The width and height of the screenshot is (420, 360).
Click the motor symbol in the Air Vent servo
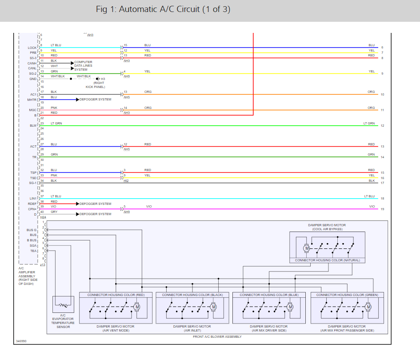click(x=137, y=307)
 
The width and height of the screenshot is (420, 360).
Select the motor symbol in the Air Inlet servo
click(x=213, y=307)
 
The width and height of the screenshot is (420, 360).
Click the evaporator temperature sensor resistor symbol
click(x=63, y=305)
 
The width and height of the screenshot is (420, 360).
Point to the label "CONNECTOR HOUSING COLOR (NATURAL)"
click(x=328, y=260)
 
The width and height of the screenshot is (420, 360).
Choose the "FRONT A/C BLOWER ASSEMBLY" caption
click(x=217, y=336)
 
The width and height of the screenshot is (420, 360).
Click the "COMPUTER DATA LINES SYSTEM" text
click(x=84, y=66)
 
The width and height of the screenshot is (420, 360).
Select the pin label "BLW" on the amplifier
click(x=33, y=126)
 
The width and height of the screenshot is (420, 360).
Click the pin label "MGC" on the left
click(x=33, y=110)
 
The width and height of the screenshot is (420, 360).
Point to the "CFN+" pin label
click(x=32, y=209)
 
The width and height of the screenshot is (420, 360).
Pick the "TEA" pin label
click(x=33, y=251)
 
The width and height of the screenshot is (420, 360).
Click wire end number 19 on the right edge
click(x=382, y=209)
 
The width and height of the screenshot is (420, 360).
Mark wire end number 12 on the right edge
click(x=382, y=126)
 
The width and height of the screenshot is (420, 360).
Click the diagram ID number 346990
click(x=21, y=341)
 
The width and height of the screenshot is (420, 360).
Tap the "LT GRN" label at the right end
click(x=368, y=123)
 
